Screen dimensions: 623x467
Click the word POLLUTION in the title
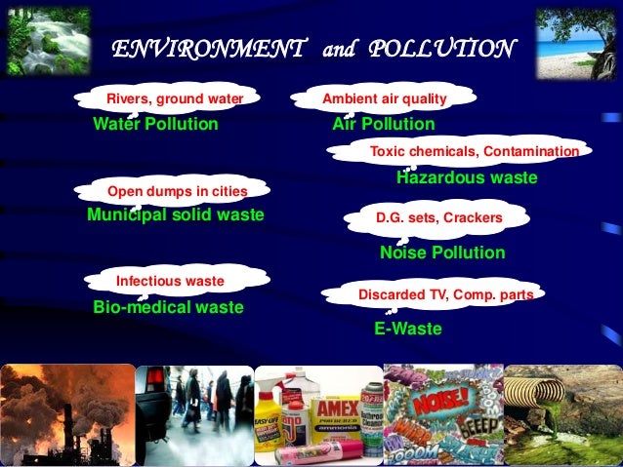[440, 48]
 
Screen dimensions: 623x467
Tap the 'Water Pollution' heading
[155, 125]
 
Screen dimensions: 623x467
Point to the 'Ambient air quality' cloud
[385, 98]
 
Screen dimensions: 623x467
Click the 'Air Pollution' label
[384, 125]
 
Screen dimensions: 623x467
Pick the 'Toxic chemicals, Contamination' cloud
[475, 152]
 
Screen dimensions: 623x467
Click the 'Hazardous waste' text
[467, 178]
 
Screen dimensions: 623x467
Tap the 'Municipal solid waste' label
[176, 214]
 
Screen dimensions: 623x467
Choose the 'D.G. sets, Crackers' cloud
[439, 218]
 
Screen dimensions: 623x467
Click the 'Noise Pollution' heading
[442, 253]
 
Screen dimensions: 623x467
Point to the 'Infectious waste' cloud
[171, 281]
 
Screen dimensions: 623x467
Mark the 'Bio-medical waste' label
[168, 307]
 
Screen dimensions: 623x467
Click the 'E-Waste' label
[408, 330]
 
